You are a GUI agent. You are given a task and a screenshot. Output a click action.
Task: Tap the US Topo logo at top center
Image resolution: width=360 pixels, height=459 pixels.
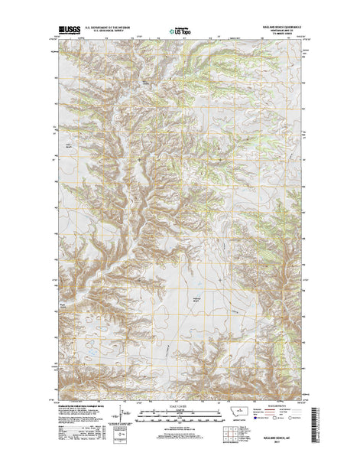point(180,33)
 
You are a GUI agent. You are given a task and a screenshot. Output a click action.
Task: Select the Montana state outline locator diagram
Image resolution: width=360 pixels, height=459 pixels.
point(243,414)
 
